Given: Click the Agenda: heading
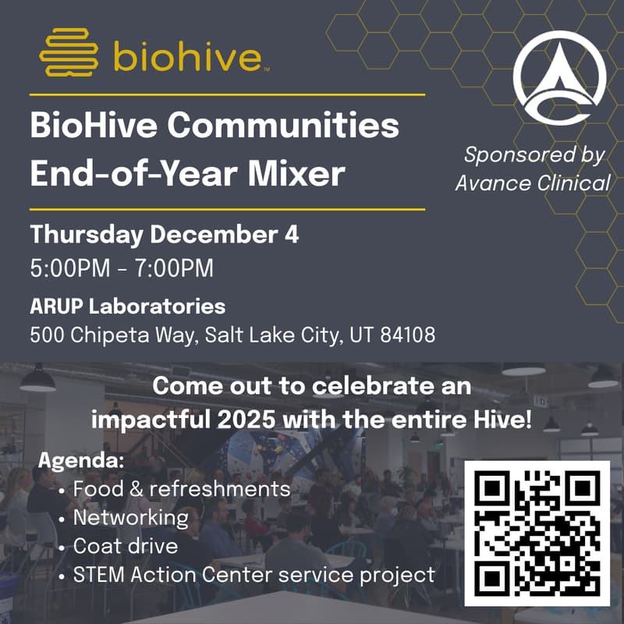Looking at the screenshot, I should [x=81, y=459].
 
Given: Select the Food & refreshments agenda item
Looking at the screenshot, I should [x=181, y=489].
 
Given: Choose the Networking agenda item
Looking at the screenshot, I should [x=130, y=518].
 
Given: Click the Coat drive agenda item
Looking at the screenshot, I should [x=125, y=546].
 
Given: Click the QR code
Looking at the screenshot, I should [x=537, y=534].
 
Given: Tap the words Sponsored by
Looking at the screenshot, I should [x=534, y=154].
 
